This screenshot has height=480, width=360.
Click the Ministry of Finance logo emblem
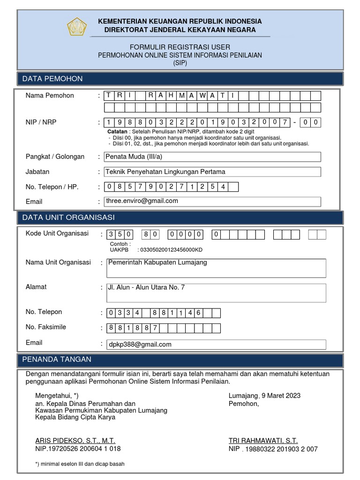pos(77,26)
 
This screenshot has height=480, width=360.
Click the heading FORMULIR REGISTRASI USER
pos(180,47)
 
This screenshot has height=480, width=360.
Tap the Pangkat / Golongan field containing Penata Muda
pos(212,157)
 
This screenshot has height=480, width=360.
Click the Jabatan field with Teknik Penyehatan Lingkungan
pos(212,172)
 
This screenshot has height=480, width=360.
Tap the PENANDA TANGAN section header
pos(57,360)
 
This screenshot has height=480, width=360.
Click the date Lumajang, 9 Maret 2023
pos(264,395)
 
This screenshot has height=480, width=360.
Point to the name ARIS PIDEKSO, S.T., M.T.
pos(75,441)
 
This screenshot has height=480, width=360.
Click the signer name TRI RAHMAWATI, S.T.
pos(263,441)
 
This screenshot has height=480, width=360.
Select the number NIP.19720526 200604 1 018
pos(78,449)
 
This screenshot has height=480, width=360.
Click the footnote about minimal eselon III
pos(80,464)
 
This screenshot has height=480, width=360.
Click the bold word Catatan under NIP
pos(117,132)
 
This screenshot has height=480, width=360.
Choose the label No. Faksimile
pos(46,327)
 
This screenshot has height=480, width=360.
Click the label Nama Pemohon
pos(50,96)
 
